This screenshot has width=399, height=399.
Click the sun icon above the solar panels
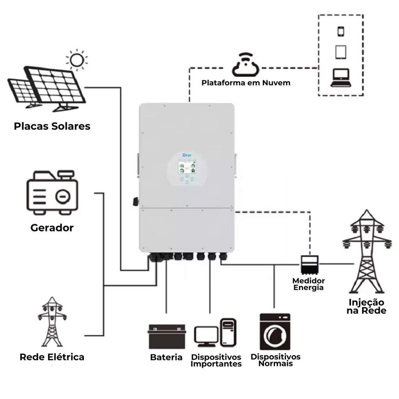click(77, 60)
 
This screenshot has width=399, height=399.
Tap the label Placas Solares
click(52, 126)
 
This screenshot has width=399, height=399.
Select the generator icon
click(52, 192)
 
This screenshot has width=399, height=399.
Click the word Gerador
click(52, 228)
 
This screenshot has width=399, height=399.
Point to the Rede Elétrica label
click(52, 357)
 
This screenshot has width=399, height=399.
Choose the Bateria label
click(166, 357)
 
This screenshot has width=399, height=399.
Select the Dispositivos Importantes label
click(216, 360)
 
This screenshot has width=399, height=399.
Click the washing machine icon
click(275, 332)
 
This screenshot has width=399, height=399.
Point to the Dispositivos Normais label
click(275, 360)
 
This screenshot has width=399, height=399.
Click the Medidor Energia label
click(309, 284)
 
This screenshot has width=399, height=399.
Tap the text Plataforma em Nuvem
click(246, 83)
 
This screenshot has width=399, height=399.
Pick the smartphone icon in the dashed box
click(341, 31)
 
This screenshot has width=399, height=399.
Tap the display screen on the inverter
click(187, 168)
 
